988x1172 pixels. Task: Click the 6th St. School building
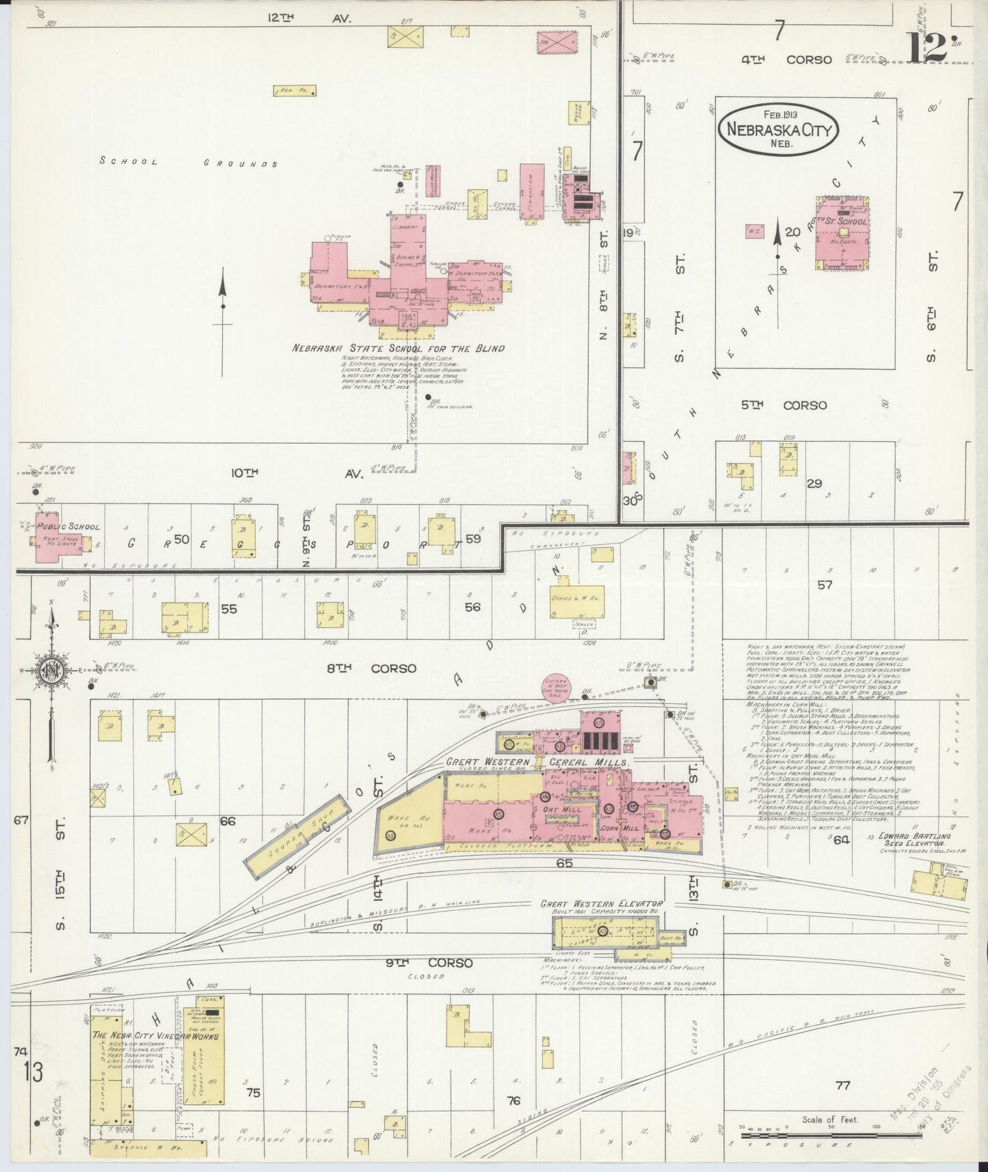pos(842,232)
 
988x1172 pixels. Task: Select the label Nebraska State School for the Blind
pos(398,348)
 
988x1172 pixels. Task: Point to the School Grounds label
pos(188,163)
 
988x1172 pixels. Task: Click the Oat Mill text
pos(562,810)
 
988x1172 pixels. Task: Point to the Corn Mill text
pos(619,827)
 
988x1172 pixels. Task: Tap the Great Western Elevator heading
pos(602,903)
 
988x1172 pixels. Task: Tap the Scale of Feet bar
pos(829,1127)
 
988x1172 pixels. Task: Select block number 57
pos(825,585)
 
